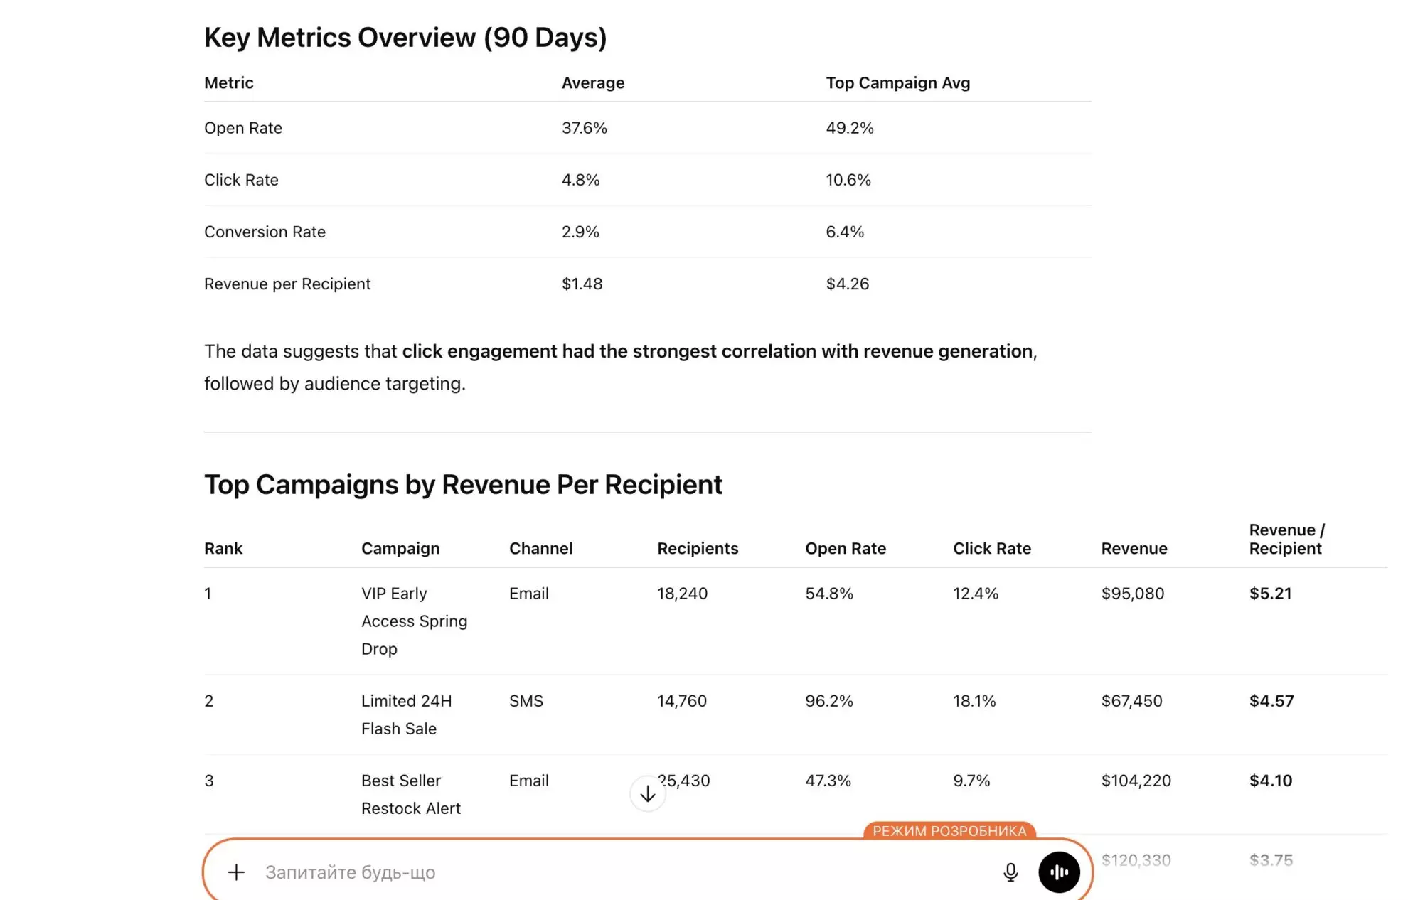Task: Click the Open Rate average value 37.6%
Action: click(584, 128)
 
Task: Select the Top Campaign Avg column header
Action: click(897, 83)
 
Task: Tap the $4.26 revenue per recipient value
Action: click(847, 284)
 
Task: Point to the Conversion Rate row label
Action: click(265, 232)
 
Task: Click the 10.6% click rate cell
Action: click(848, 180)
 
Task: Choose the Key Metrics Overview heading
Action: click(405, 38)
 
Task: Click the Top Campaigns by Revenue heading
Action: click(463, 485)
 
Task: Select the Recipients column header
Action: click(697, 549)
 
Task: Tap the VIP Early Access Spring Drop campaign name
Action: click(414, 621)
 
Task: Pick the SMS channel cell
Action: click(526, 701)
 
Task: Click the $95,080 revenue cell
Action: click(1132, 594)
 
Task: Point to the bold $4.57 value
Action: click(1271, 701)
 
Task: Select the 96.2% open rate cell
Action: click(828, 701)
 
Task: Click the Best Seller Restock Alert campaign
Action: click(410, 794)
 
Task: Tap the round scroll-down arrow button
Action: click(647, 794)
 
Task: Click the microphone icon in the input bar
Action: click(1010, 872)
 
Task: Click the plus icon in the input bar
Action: click(236, 872)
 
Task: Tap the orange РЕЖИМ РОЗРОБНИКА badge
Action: click(949, 831)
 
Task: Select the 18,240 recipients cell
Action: click(682, 594)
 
